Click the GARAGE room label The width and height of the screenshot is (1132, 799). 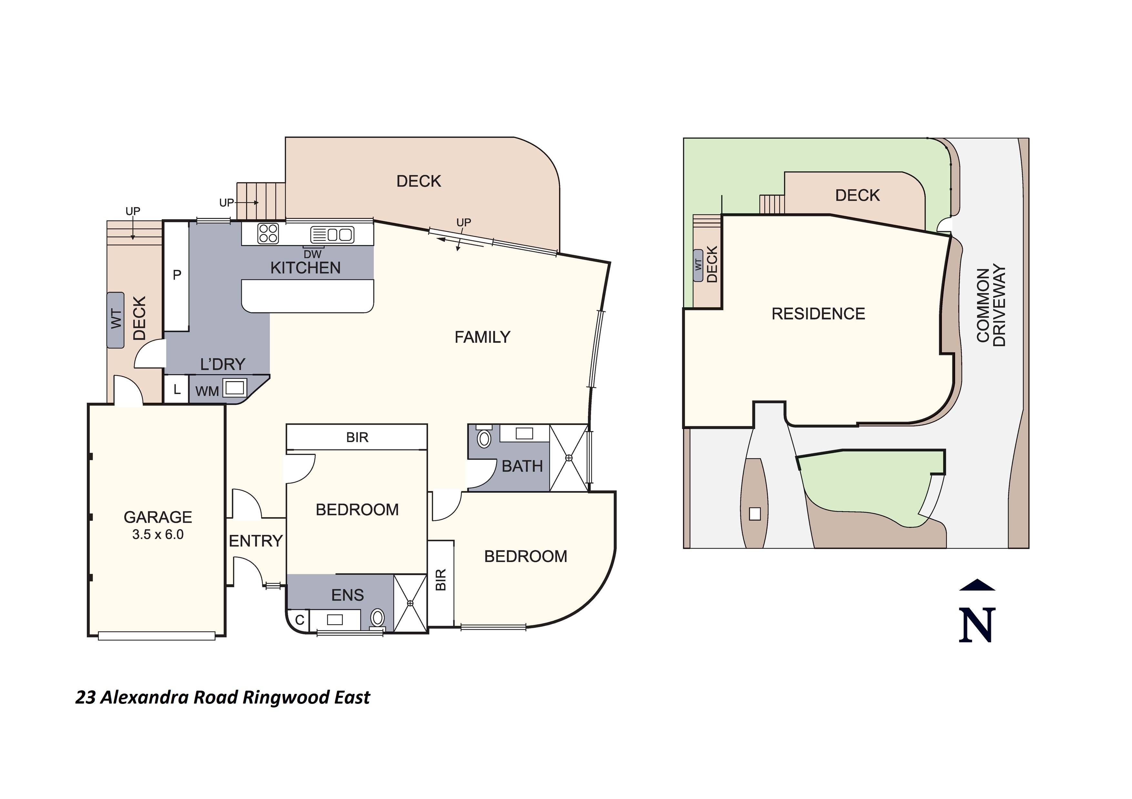(x=158, y=517)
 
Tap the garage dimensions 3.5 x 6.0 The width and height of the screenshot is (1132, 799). (x=158, y=535)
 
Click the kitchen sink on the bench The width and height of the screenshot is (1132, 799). (x=332, y=234)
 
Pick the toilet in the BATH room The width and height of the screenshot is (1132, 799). (x=484, y=439)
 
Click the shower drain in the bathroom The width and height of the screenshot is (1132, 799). (x=569, y=458)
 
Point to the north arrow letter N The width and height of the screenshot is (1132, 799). (x=977, y=625)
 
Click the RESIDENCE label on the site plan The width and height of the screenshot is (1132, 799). (x=818, y=314)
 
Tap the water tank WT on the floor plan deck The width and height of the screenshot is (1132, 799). (x=116, y=320)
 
